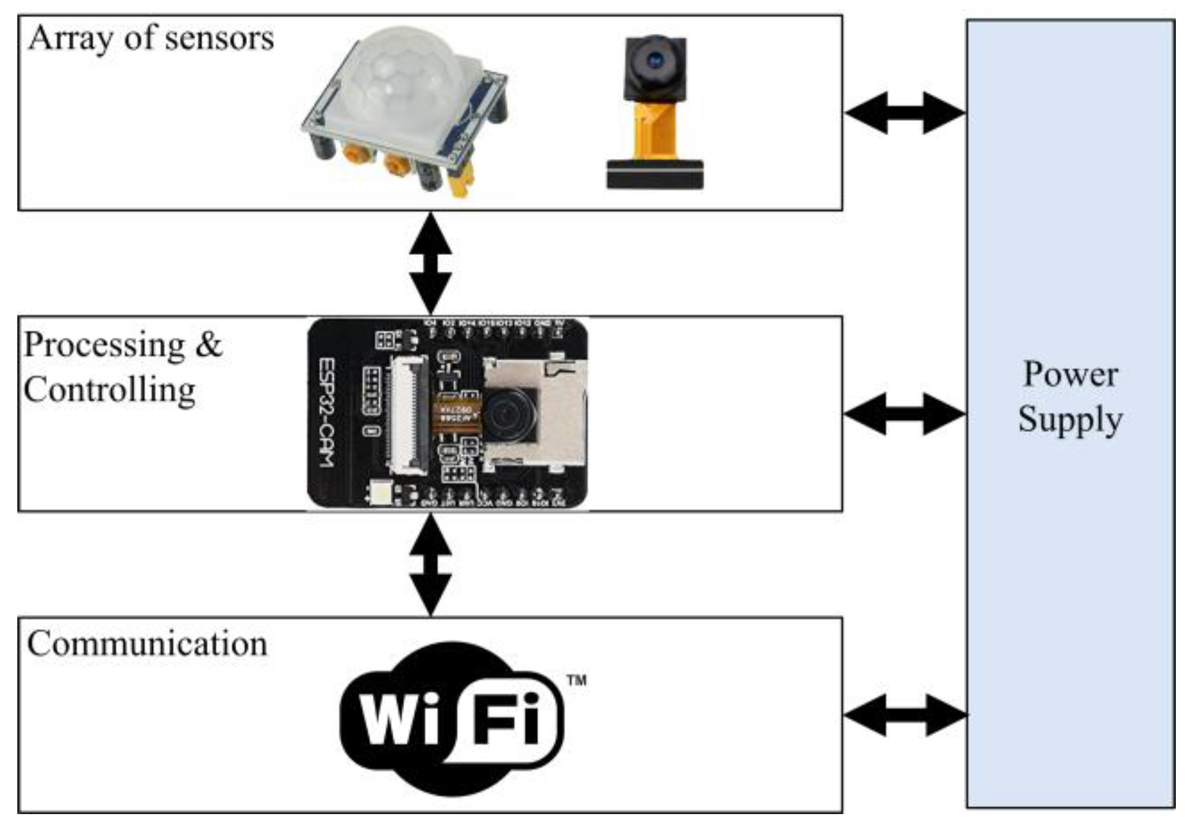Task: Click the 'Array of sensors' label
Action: [x=151, y=39]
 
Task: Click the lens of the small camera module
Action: [x=656, y=60]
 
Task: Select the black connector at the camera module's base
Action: [x=655, y=174]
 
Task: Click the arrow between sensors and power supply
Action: [x=904, y=113]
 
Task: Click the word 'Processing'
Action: [x=105, y=346]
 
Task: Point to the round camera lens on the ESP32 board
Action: [x=511, y=415]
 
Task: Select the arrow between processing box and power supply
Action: [x=904, y=413]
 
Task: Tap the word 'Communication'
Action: [x=147, y=644]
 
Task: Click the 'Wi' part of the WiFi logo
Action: [x=400, y=719]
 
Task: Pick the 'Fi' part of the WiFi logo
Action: [x=505, y=719]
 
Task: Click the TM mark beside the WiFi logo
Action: [x=576, y=681]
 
